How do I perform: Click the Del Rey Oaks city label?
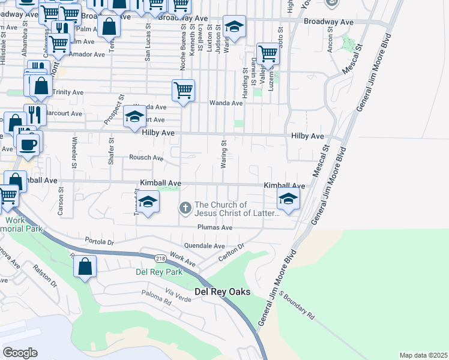pos(222,292)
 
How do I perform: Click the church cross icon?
pos(185,208)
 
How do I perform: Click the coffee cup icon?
pos(28,143)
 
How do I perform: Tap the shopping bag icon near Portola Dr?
pos(86,267)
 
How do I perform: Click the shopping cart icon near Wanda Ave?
pos(183,91)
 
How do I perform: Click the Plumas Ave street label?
pos(215,227)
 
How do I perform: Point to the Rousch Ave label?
pos(146,158)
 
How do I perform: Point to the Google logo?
pos(20,352)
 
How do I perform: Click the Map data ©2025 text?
pos(423,355)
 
